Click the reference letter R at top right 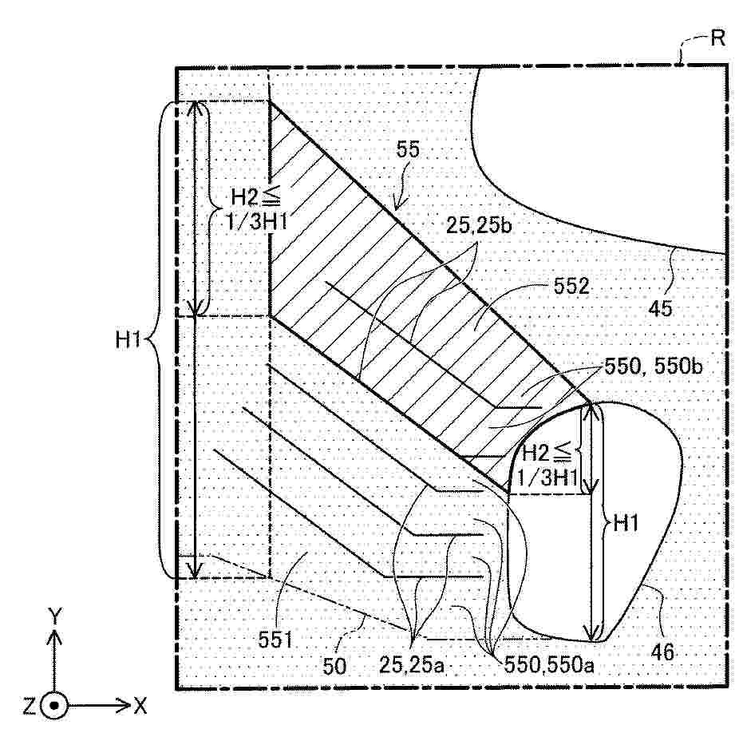point(717,38)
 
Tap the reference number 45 point(660,308)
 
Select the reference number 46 point(662,652)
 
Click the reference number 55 point(408,149)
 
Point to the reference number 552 point(571,286)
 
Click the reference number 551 point(275,640)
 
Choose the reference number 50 point(334,666)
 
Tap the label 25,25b point(478,226)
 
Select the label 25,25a point(412,665)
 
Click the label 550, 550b point(654,366)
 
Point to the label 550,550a point(549,665)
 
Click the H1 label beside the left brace point(128,339)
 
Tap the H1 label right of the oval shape point(625,523)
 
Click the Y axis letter point(55,616)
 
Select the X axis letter point(140,707)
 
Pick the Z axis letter point(30,707)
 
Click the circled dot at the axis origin point(54,706)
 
